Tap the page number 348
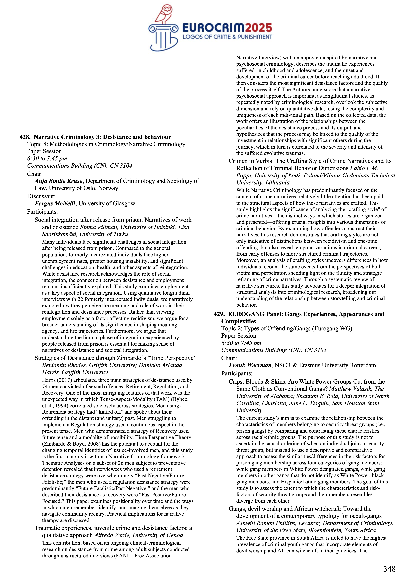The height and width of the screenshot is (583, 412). coord(389,569)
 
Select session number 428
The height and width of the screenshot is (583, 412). coord(24,137)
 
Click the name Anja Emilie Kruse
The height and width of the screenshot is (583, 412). coord(58,181)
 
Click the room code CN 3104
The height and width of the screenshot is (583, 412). coord(121,166)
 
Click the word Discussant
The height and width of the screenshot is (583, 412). coord(41,196)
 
